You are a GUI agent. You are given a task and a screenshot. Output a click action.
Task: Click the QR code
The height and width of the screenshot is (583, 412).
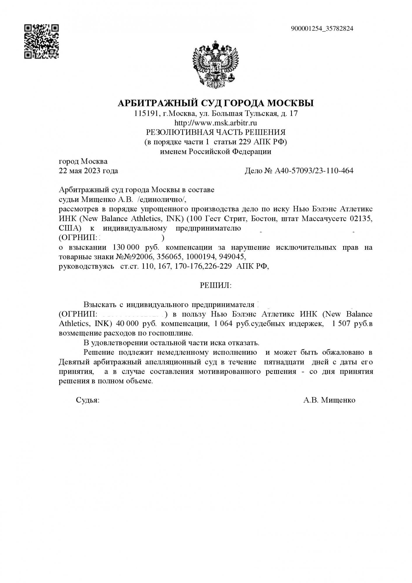(41, 41)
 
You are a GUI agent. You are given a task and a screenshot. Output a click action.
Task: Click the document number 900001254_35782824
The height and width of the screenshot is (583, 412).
(322, 29)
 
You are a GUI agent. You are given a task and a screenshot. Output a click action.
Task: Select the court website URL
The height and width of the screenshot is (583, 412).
(215, 123)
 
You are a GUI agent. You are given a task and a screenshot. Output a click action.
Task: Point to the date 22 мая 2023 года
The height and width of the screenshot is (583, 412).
(88, 171)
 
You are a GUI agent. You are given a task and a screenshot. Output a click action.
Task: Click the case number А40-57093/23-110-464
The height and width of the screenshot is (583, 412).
(314, 171)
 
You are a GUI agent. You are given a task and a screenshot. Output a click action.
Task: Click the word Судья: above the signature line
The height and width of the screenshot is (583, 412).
(87, 400)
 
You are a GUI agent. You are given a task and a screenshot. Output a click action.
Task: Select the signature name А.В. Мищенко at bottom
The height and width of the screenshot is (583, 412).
(329, 400)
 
